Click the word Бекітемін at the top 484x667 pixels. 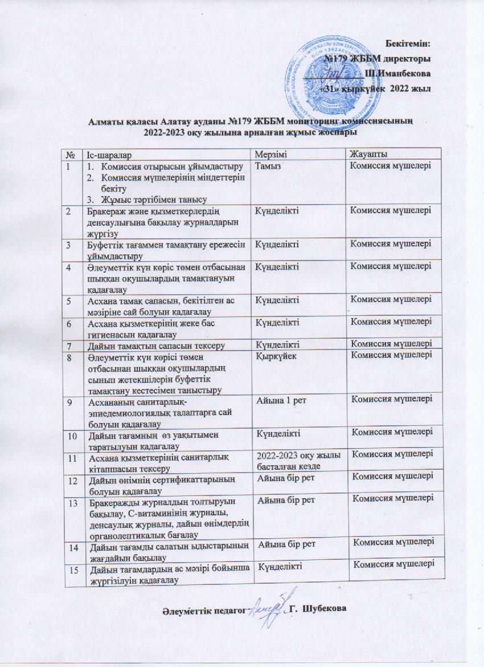tap(408, 43)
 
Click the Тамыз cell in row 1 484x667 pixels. tap(269, 166)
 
